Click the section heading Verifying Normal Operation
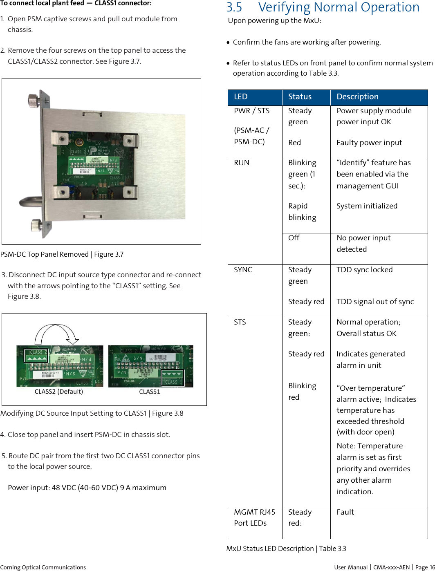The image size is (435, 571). click(x=323, y=7)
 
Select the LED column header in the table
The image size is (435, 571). click(x=241, y=97)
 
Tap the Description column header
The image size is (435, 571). click(x=357, y=97)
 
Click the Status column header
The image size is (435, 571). click(x=300, y=97)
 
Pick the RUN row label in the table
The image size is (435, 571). click(x=242, y=163)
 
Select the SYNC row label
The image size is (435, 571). click(x=243, y=270)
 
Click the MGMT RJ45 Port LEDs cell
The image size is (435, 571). click(x=254, y=517)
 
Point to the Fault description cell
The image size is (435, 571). click(x=345, y=512)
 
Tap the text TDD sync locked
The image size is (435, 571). click(x=364, y=270)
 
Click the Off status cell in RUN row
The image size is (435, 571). click(x=294, y=238)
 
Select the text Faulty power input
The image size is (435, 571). click(x=369, y=143)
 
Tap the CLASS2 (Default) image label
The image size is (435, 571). click(x=58, y=392)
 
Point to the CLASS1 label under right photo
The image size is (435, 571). click(x=149, y=392)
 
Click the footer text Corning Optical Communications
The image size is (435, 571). click(x=43, y=567)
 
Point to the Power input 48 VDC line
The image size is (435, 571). click(x=87, y=488)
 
